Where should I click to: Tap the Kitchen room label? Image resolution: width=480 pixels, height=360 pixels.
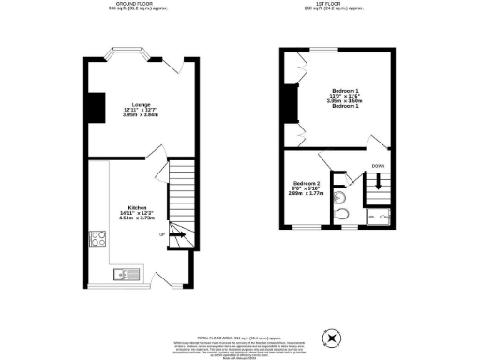coord(138,207)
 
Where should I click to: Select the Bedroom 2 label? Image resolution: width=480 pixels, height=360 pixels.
coord(307,182)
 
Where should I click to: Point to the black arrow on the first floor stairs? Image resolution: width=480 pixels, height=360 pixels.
coord(378,184)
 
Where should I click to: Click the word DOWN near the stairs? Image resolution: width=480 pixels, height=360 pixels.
coord(377,167)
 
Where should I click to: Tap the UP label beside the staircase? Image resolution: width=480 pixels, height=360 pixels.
coord(161,234)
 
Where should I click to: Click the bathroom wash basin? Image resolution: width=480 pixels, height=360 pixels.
coord(340,199)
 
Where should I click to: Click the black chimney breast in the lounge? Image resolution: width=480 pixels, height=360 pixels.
coord(95,108)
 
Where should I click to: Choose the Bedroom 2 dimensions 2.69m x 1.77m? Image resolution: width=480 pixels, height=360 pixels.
coord(307,193)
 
